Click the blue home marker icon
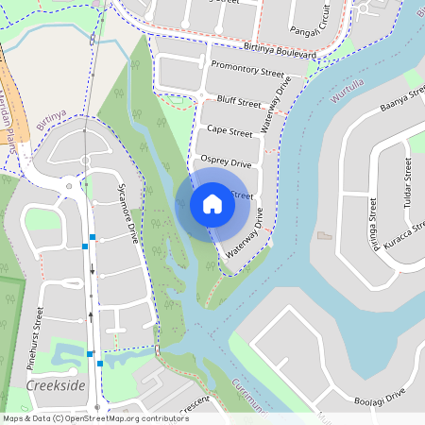212,204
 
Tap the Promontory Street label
247,69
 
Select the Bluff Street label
238,100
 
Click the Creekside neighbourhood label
56,387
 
